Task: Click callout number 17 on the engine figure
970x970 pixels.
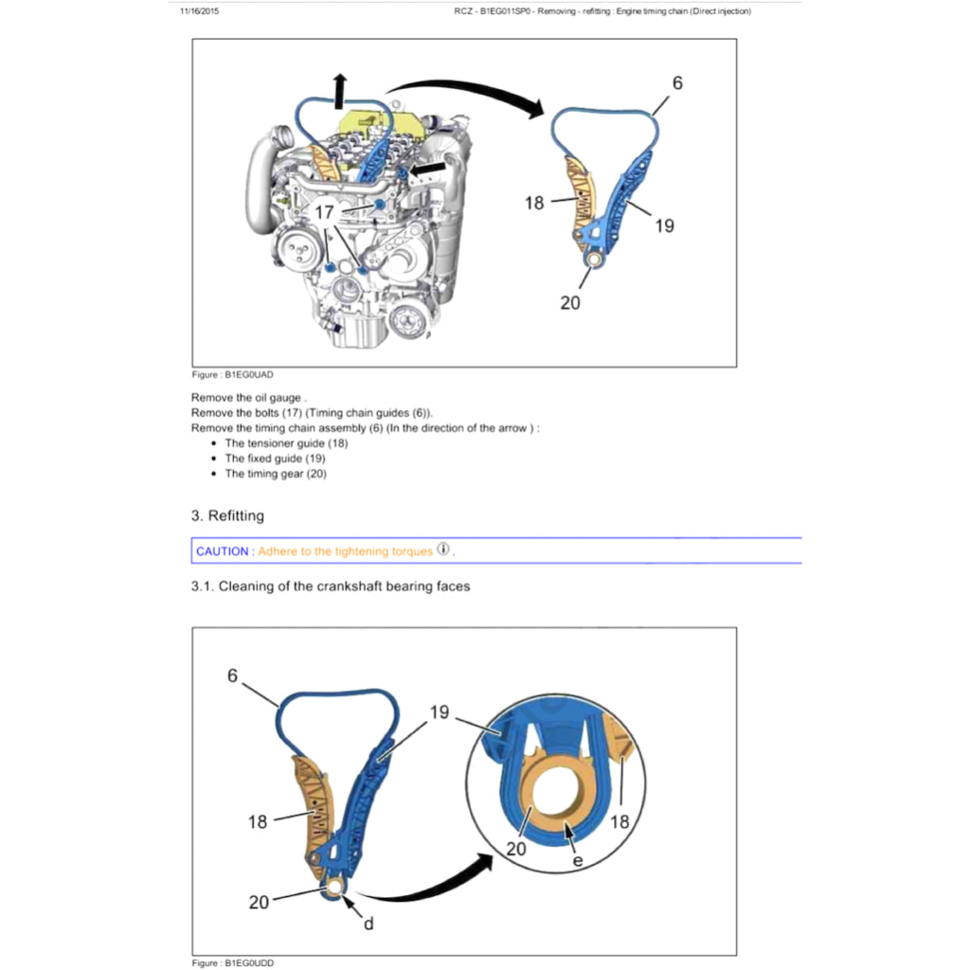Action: tap(324, 213)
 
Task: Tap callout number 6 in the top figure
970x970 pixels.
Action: tap(677, 83)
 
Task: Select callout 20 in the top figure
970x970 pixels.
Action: tap(570, 303)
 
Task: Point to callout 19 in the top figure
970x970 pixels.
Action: tap(664, 225)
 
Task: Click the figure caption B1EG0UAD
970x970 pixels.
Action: tap(232, 375)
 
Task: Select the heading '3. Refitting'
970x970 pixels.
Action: tap(227, 516)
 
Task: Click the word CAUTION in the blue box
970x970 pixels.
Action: tap(223, 551)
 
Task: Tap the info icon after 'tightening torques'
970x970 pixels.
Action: tap(443, 550)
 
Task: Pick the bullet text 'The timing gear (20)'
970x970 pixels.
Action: tap(276, 474)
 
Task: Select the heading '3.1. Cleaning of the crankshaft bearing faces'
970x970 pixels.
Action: tap(331, 586)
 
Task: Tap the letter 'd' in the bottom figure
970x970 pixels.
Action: tap(368, 923)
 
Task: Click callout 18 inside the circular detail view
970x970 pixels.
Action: tap(619, 821)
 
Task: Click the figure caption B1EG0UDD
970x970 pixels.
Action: tap(233, 962)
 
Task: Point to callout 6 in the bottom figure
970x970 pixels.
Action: tap(232, 675)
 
